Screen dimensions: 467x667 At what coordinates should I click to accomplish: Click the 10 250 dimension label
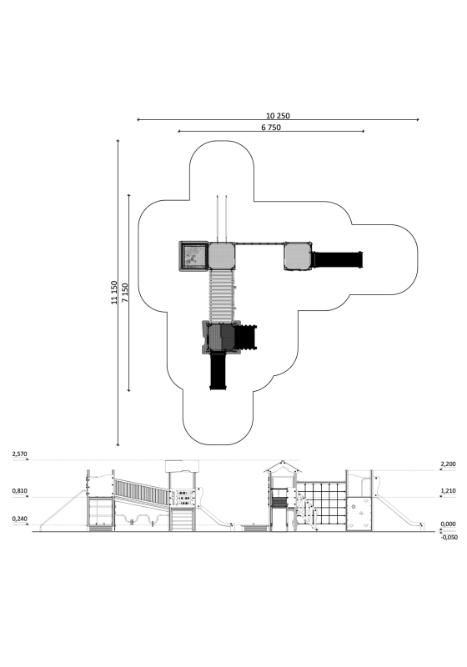pos(278,116)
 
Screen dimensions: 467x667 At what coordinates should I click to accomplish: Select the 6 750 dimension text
pos(271,128)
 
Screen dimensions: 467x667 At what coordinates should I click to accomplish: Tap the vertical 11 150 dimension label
pos(114,293)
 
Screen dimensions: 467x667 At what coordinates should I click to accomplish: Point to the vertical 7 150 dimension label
pos(125,293)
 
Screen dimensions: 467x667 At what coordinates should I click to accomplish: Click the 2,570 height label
pos(19,454)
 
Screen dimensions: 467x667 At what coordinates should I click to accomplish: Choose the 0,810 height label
pos(19,491)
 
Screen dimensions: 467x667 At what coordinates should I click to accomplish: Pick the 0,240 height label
pos(19,519)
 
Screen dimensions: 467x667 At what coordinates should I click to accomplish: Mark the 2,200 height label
pos(449,464)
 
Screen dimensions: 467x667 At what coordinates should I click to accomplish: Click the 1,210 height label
pos(449,491)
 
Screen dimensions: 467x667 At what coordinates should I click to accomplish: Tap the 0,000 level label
pos(449,524)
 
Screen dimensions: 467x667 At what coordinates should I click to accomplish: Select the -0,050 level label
pos(449,537)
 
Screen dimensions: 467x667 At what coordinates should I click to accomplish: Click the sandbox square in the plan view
pos(193,256)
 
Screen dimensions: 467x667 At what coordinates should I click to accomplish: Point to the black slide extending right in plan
pos(338,259)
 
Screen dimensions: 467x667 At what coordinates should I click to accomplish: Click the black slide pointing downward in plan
pos(219,371)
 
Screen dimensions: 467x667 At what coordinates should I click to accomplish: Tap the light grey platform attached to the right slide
pos(298,256)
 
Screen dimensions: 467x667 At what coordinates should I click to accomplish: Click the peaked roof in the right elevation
pos(283,467)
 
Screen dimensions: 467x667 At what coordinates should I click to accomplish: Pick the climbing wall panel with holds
pos(359,513)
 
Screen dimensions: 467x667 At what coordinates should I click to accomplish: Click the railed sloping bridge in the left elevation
pos(142,491)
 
